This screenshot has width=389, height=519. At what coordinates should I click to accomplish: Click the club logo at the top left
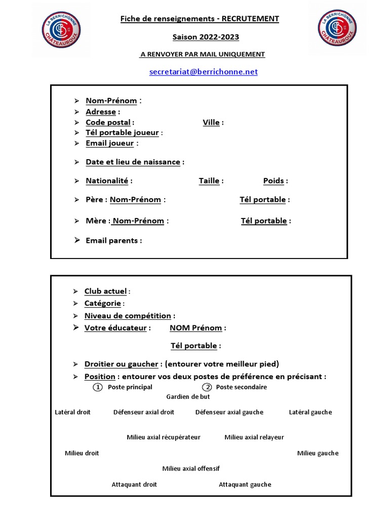[63, 28]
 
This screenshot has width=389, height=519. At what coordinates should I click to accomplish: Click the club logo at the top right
[338, 28]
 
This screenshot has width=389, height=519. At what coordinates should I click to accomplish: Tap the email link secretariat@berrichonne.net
[204, 72]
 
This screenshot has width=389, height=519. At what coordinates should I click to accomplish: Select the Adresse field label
[101, 112]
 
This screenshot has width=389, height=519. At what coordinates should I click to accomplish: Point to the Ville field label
[211, 122]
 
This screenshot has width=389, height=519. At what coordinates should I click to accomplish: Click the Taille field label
[209, 180]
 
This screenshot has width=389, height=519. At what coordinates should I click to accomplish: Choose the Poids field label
[274, 180]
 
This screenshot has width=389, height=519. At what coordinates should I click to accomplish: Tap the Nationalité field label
[107, 180]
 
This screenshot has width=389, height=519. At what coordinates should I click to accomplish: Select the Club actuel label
[105, 291]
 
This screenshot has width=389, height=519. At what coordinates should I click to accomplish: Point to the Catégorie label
[102, 303]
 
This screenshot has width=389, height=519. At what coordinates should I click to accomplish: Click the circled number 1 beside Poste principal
[98, 387]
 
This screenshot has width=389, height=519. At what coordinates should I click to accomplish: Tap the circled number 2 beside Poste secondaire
[208, 387]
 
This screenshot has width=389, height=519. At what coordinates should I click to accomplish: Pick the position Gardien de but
[188, 397]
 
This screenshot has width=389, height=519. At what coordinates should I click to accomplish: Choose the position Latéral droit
[72, 412]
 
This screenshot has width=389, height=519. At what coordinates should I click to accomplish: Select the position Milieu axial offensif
[191, 468]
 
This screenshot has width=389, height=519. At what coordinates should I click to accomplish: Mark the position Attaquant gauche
[245, 485]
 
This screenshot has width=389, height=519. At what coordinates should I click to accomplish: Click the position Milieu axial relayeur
[254, 437]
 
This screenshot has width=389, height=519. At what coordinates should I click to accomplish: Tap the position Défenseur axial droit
[144, 412]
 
